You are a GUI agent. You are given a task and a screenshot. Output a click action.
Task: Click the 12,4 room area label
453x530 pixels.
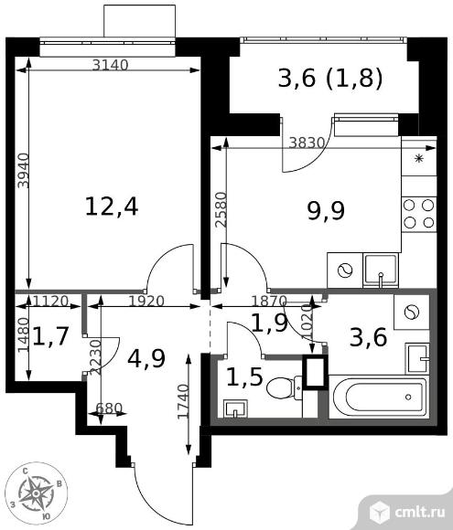[112, 207]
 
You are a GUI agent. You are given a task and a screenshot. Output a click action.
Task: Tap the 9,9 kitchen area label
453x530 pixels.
[326, 211]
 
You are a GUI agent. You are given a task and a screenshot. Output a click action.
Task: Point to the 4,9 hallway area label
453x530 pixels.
[146, 358]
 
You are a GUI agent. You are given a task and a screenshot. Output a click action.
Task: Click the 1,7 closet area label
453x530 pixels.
[50, 336]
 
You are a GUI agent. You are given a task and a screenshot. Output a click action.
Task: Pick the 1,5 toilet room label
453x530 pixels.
[244, 377]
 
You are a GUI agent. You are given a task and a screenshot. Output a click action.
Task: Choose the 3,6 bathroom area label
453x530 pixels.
[368, 337]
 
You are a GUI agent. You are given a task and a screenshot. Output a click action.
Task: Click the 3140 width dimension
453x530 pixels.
[111, 65]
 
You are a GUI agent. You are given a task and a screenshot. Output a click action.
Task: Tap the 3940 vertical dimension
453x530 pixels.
[24, 171]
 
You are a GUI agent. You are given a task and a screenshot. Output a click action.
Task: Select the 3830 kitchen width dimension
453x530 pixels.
[307, 143]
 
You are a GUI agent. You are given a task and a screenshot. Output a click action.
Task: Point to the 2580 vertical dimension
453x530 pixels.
[221, 209]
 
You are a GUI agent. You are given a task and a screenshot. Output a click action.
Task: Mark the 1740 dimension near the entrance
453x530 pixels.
[183, 401]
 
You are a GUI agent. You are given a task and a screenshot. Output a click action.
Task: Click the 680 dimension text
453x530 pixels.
[109, 408]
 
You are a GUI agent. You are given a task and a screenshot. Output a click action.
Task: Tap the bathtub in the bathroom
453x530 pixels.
[380, 397]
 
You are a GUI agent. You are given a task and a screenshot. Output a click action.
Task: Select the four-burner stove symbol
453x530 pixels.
[419, 214]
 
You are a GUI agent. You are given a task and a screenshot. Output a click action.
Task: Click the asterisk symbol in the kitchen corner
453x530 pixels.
[419, 158]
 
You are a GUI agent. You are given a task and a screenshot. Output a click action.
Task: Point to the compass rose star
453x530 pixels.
[36, 493]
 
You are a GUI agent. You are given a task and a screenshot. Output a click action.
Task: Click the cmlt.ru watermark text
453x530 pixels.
[419, 512]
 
